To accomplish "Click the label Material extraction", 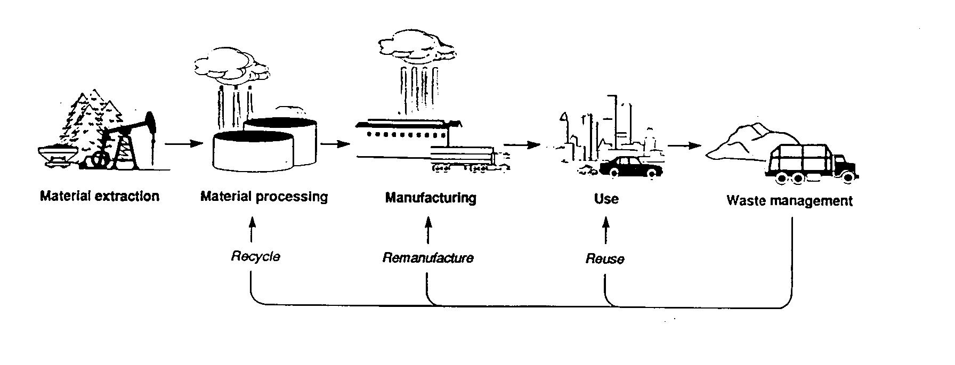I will (x=100, y=197).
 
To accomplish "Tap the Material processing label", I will (x=264, y=197).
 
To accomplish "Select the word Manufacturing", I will (x=431, y=198).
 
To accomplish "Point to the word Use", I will (x=606, y=199).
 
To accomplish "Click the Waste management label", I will (x=789, y=201).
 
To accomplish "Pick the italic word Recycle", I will (x=255, y=256).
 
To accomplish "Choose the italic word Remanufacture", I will (x=428, y=258).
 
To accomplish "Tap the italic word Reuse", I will (x=605, y=259).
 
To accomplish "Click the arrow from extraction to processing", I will (x=184, y=143).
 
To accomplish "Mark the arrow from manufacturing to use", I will (x=522, y=144).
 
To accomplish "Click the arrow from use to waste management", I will (x=685, y=145).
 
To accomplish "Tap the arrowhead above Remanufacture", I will (x=428, y=221).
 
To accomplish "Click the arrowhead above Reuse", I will (x=605, y=222).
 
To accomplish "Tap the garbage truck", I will (x=810, y=163).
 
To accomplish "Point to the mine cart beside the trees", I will (x=56, y=156).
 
